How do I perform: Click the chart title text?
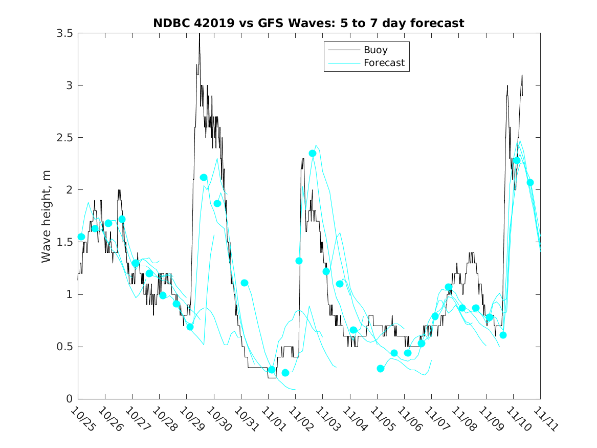pos(308,23)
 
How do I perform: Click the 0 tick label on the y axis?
pos(69,399)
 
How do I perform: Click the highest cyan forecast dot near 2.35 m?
pos(313,153)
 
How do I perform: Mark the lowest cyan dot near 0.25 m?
pos(285,373)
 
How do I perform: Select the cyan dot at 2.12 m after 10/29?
pos(204,177)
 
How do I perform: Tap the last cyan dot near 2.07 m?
pos(530,182)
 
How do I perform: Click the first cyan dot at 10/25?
pos(81,237)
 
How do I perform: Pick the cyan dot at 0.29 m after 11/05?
pos(381,369)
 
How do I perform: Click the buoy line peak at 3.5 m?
pos(200,34)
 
